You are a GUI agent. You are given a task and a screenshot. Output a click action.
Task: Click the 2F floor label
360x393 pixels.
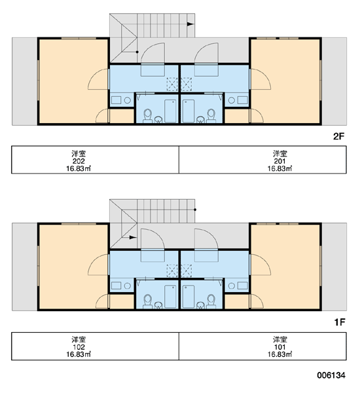pyautogui.click(x=338, y=136)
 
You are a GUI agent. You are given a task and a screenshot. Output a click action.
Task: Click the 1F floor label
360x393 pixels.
pyautogui.click(x=340, y=322)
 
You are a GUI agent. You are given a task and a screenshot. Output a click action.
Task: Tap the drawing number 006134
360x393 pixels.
pyautogui.click(x=331, y=375)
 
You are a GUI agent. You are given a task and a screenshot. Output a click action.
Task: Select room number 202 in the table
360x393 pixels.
pyautogui.click(x=79, y=161)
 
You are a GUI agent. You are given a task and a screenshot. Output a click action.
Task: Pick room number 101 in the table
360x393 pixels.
pyautogui.click(x=279, y=347)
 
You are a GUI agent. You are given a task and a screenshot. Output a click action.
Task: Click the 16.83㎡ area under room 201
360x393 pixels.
pyautogui.click(x=279, y=168)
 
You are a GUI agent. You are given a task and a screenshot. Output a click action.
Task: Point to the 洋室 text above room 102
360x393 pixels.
pyautogui.click(x=79, y=339)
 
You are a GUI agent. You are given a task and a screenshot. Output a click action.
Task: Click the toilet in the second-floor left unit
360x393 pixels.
pyautogui.click(x=147, y=116)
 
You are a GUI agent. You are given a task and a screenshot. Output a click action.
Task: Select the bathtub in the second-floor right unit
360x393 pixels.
pyautogui.click(x=188, y=111)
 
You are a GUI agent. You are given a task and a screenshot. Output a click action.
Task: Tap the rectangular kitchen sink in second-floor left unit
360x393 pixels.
pyautogui.click(x=116, y=100)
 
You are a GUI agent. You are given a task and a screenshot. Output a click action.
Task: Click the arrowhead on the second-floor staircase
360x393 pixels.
pyautogui.click(x=190, y=24)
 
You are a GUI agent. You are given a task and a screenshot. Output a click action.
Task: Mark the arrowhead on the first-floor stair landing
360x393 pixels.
pyautogui.click(x=133, y=237)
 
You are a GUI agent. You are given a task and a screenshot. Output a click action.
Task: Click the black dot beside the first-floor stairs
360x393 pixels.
pyautogui.click(x=195, y=210)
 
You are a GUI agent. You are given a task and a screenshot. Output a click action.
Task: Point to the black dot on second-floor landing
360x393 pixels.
pyautogui.click(x=137, y=52)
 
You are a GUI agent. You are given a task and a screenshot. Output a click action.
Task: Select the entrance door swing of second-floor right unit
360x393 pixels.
pyautogui.click(x=206, y=53)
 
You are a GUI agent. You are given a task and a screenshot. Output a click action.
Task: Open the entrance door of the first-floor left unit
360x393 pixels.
pyautogui.click(x=153, y=239)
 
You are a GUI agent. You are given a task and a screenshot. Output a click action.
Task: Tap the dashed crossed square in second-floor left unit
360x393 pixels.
pyautogui.click(x=172, y=84)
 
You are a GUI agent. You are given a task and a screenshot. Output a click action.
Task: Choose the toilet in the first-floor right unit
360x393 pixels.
pyautogui.click(x=211, y=301)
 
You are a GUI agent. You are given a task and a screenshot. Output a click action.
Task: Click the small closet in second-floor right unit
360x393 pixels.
pyautogui.click(x=237, y=116)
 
